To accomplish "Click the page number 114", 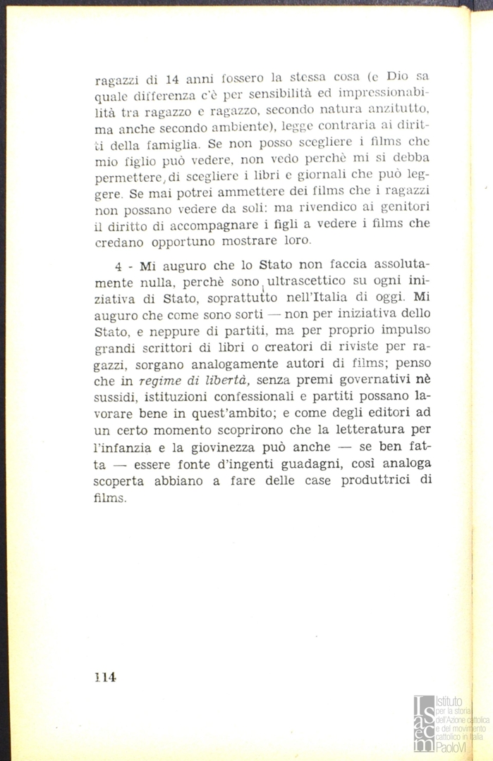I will click(x=104, y=677).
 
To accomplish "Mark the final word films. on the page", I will click(x=111, y=497).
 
